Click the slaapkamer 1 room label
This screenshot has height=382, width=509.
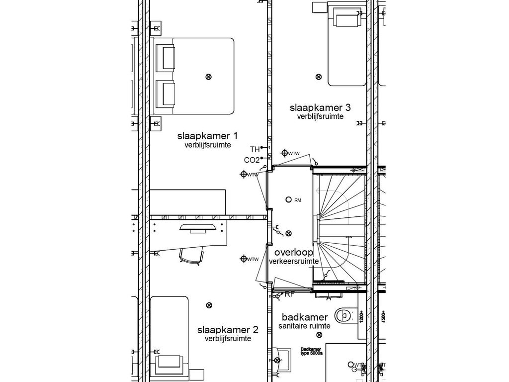[x=208, y=136]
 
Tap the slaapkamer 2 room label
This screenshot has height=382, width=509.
[x=228, y=330]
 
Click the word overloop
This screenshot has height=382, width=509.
[x=294, y=252]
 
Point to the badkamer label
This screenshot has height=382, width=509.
[x=305, y=317]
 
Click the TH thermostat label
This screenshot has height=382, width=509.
[x=254, y=149]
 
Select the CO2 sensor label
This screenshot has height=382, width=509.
[x=252, y=160]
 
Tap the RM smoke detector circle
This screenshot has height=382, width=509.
[x=288, y=200]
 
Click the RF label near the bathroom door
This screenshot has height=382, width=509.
[x=289, y=294]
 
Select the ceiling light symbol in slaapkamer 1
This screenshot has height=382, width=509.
[x=208, y=77]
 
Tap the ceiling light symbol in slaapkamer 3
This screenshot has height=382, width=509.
[x=319, y=77]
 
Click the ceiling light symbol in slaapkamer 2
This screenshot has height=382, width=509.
[x=209, y=305]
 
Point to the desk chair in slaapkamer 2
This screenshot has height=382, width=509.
[x=191, y=256]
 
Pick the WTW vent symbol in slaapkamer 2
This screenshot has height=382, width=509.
[x=244, y=259]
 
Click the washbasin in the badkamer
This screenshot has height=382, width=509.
[x=283, y=360]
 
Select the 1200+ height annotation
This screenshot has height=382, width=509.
[x=362, y=317]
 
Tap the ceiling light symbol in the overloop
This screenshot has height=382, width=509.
[x=289, y=233]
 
